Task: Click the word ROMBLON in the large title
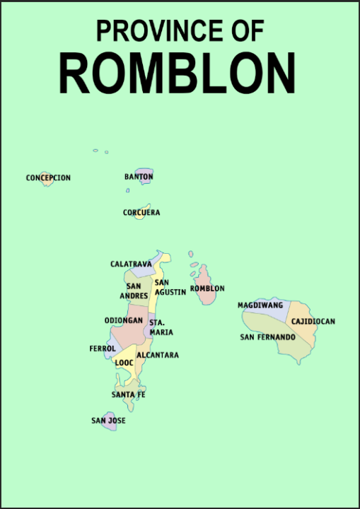tap(177, 73)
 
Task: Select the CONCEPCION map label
tap(48, 177)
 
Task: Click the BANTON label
tap(139, 176)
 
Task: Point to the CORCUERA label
tap(141, 212)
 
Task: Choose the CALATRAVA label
tap(131, 264)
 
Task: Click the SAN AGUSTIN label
tap(170, 287)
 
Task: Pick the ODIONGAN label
tap(124, 320)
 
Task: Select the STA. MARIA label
tap(161, 327)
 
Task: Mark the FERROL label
tap(103, 349)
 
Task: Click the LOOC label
tap(124, 363)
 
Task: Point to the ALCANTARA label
tap(158, 355)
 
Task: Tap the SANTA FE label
tap(128, 394)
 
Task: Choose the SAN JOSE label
tap(108, 421)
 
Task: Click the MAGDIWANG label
tap(260, 305)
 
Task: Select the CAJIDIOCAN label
tap(313, 322)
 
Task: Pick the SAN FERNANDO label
tap(267, 337)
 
